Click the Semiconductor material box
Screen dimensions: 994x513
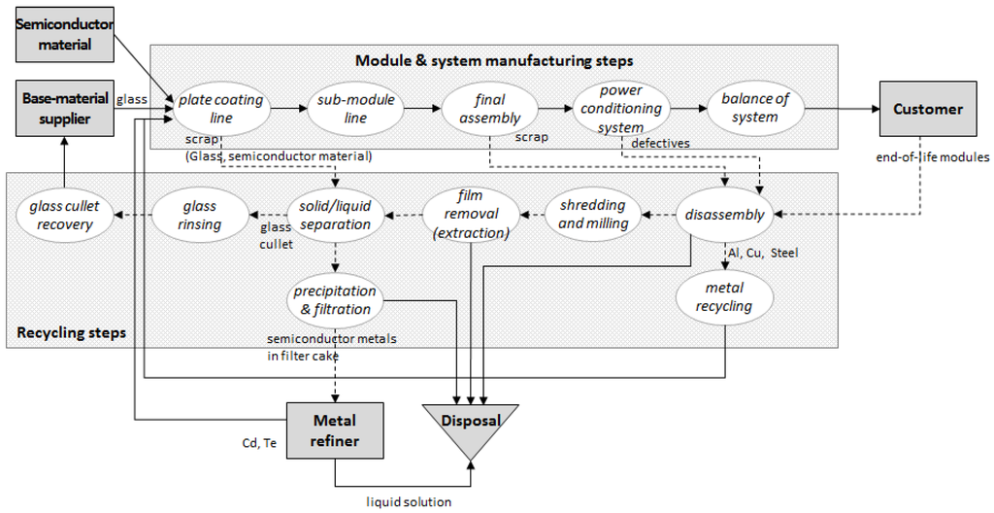tap(65, 35)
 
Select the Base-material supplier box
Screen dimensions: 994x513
tap(65, 109)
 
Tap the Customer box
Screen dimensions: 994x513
tap(928, 109)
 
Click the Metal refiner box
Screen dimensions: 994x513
tap(335, 430)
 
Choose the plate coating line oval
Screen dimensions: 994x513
tap(220, 109)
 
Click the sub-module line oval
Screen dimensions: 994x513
tap(355, 109)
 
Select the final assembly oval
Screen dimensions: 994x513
tap(490, 109)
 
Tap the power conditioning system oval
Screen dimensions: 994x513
tap(621, 109)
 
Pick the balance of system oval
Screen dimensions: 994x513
tap(755, 109)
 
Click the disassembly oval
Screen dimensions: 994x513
tap(724, 215)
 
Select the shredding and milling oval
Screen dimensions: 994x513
tap(593, 215)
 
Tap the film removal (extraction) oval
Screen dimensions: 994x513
tap(471, 215)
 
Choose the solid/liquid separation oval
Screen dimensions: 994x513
tap(335, 216)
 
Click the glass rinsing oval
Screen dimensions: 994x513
tap(200, 216)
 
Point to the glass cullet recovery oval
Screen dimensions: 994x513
tap(65, 216)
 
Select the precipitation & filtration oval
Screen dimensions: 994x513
tap(335, 300)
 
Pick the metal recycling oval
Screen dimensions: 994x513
tap(724, 297)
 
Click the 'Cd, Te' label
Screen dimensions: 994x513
tap(259, 443)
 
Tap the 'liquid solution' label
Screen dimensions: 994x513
tap(409, 502)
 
